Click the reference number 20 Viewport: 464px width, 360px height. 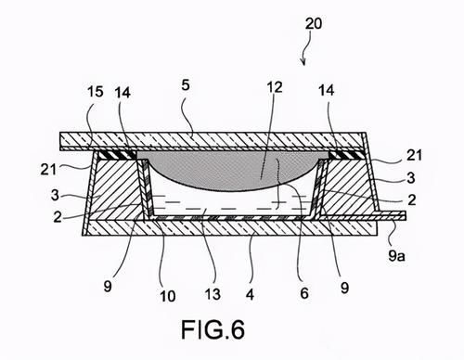point(314,23)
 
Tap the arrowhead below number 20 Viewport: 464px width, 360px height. point(303,62)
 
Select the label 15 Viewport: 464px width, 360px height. point(95,92)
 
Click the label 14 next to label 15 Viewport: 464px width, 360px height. point(122,93)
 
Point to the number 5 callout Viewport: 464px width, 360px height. point(186,84)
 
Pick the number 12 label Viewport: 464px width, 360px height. point(275,87)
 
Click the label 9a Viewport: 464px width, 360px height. point(397,255)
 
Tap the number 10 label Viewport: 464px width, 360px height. point(168,296)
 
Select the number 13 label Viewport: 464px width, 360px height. point(213,294)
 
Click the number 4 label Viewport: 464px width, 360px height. point(250,294)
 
